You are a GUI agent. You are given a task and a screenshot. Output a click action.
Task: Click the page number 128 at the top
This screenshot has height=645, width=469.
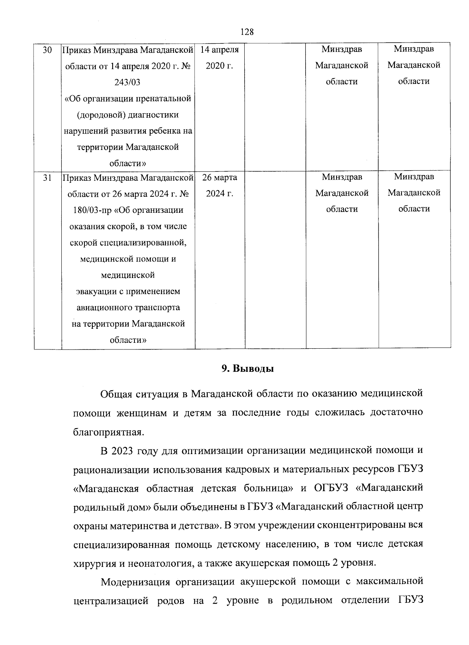click(x=247, y=32)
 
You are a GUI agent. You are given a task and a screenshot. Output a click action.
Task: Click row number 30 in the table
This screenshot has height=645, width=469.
click(x=47, y=50)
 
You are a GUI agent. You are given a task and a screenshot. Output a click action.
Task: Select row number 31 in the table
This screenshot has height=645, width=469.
click(x=47, y=177)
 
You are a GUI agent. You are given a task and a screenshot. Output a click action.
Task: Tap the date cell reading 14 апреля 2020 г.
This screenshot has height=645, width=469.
click(x=220, y=57)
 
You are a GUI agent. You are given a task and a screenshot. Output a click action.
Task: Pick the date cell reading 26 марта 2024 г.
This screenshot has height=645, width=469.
click(x=220, y=185)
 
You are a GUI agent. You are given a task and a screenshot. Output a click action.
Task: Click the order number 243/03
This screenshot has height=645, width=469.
click(x=128, y=82)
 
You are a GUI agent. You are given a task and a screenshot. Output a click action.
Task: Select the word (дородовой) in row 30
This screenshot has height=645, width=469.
click(x=100, y=115)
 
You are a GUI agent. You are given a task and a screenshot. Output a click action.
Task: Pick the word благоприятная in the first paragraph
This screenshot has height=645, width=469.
click(x=106, y=432)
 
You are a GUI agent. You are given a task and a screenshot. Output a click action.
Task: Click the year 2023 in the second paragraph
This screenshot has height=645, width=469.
click(x=122, y=451)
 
